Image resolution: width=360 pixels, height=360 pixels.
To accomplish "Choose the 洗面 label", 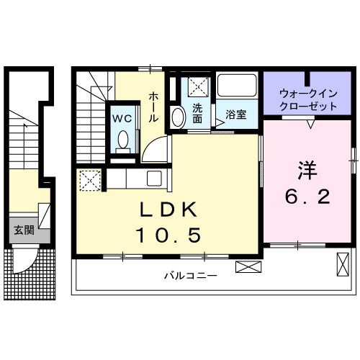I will (x=197, y=114).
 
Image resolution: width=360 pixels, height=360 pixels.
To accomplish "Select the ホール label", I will (x=154, y=106).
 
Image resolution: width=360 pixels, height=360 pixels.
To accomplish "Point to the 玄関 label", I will (x=23, y=230).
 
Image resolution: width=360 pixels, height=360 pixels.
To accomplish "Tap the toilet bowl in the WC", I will (x=122, y=140).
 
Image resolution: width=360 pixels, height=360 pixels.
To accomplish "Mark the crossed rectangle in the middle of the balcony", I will (x=246, y=266).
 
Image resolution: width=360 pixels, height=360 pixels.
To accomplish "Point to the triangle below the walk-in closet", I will (x=310, y=124).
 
